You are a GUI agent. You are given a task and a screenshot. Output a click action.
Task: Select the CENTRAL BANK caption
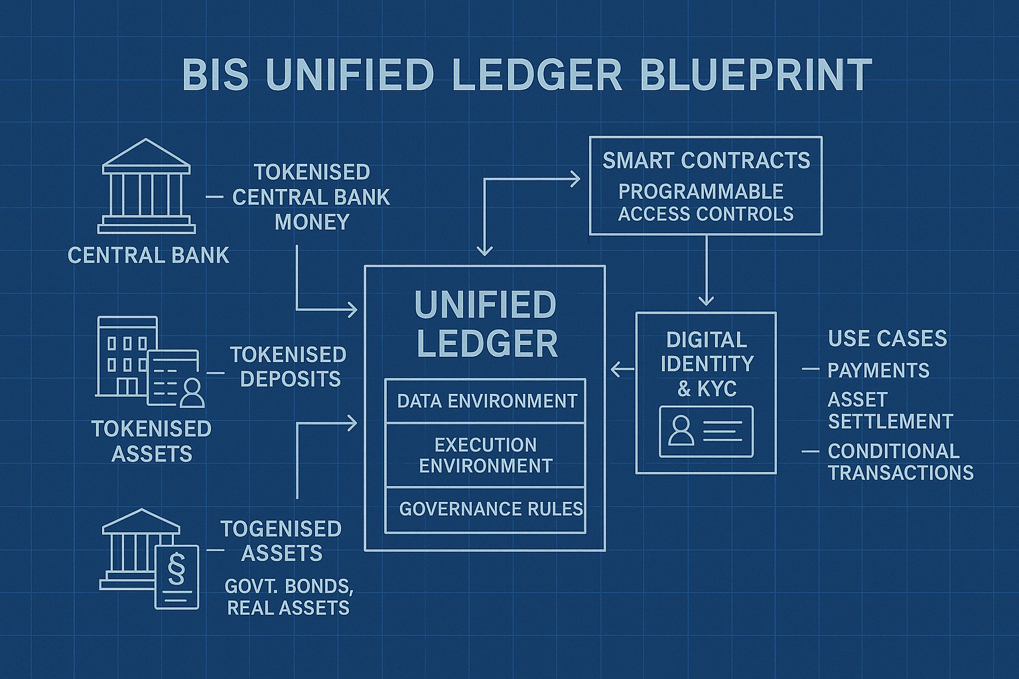tap(149, 255)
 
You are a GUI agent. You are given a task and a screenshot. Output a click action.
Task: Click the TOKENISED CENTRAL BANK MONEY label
tap(311, 197)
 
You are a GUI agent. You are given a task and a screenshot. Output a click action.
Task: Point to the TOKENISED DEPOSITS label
tap(289, 367)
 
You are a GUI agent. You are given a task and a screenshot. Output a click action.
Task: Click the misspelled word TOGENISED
tap(281, 528)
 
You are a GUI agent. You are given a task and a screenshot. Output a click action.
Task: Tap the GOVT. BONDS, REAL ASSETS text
tap(289, 597)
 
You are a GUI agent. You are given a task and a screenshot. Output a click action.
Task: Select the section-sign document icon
tap(176, 576)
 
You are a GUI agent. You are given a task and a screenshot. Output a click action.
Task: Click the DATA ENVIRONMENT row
tap(486, 401)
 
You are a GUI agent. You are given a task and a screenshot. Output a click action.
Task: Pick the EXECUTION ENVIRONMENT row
tap(486, 455)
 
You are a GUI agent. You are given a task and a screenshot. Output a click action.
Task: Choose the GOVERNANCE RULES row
tap(490, 509)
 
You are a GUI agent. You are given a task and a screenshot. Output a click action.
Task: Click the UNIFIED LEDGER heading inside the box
tap(486, 324)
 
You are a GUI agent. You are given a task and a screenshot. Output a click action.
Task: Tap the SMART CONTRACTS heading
tap(706, 160)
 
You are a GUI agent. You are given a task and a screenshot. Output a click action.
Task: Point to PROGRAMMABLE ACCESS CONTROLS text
tap(705, 202)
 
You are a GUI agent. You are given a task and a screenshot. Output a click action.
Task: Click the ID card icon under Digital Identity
tap(706, 431)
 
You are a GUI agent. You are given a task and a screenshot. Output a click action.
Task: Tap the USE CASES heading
tap(887, 338)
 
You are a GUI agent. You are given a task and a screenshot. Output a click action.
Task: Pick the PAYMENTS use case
tap(878, 370)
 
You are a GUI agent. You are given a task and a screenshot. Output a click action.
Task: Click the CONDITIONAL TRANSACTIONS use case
tap(900, 462)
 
